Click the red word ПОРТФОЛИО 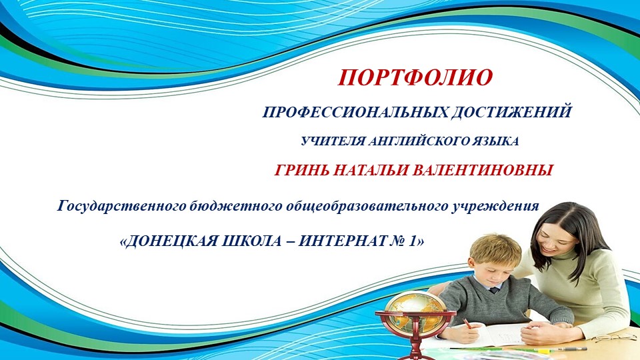pyautogui.click(x=415, y=77)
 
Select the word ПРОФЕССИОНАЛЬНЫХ pyautogui.click(x=354, y=112)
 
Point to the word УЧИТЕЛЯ pyautogui.click(x=328, y=141)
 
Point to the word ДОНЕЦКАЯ pyautogui.click(x=177, y=241)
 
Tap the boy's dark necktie pyautogui.click(x=493, y=290)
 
